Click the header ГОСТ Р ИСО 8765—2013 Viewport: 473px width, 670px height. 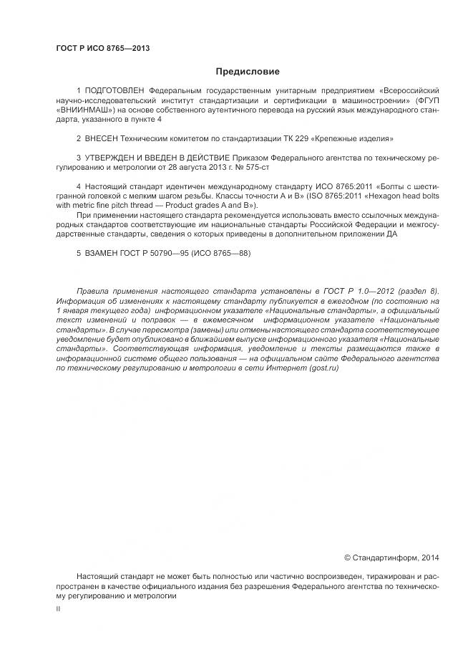point(102,48)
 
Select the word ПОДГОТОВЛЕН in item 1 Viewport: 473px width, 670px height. point(114,92)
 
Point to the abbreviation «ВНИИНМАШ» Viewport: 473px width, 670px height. point(80,110)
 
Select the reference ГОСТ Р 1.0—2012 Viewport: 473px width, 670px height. point(356,291)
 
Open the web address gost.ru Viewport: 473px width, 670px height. point(323,368)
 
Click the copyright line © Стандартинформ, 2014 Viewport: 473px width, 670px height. point(391,557)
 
